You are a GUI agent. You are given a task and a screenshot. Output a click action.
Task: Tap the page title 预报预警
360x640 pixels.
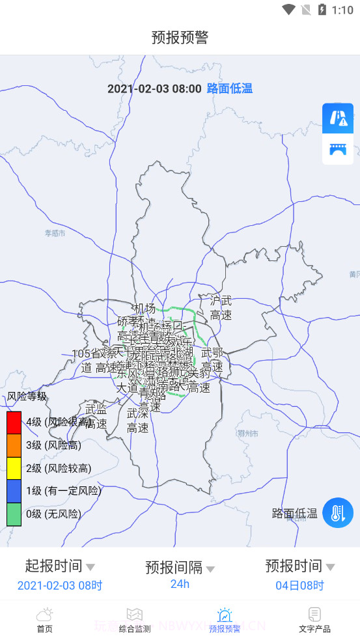coord(180,37)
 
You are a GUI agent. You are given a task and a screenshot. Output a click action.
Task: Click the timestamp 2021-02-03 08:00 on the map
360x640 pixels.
coord(154,89)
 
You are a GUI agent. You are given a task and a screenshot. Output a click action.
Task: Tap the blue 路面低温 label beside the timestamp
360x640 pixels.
coord(229,89)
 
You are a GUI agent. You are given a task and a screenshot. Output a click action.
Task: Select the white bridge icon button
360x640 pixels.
coord(338,149)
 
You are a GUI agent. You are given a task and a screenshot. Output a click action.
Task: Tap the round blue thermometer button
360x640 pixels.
coord(338,512)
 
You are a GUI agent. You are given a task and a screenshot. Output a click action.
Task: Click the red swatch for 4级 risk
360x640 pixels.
coord(14,422)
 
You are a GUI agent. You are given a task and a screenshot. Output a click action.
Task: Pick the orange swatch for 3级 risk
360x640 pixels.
coord(14,445)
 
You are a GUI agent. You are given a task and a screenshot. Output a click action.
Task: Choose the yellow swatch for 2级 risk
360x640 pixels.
coord(14,468)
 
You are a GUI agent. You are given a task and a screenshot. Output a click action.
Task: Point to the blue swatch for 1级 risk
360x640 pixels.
coord(14,491)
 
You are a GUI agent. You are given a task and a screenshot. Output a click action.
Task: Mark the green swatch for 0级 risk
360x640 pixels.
coord(14,514)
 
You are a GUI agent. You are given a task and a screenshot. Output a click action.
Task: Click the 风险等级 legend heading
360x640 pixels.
coord(27,396)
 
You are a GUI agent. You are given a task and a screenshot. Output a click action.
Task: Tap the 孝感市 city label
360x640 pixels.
coord(55,233)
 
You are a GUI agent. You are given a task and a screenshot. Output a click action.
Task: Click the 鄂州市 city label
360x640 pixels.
coord(248,433)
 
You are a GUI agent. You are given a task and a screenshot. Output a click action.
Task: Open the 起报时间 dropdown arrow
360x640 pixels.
coord(90,567)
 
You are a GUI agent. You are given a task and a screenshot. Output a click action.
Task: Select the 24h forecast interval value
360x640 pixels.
coord(180,584)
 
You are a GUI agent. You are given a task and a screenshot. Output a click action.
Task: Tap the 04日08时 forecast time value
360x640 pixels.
coord(299,585)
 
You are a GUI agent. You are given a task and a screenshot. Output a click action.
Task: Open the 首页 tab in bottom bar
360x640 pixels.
coord(44,620)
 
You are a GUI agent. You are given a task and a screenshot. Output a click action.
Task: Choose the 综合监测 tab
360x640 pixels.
coord(134,620)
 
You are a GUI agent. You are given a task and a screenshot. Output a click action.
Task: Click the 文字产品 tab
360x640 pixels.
coord(314,620)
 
